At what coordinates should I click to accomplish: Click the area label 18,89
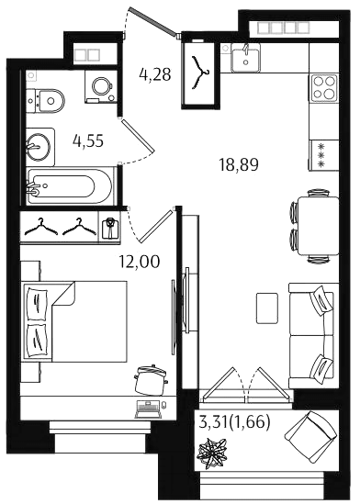(239, 165)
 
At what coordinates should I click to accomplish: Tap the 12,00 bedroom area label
(140, 262)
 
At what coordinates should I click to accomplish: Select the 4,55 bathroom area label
(88, 140)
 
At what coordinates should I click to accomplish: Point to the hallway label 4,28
(155, 74)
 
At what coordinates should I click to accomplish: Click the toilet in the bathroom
(46, 101)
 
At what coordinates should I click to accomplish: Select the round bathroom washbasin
(39, 147)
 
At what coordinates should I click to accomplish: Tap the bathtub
(69, 186)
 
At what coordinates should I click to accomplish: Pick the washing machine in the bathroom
(101, 86)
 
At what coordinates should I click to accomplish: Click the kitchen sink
(246, 58)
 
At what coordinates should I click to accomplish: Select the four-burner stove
(324, 87)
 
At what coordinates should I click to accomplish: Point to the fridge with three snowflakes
(323, 155)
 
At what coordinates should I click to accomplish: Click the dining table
(318, 226)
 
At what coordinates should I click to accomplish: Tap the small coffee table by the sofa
(267, 308)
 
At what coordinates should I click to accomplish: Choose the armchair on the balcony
(311, 437)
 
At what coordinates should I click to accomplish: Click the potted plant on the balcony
(213, 452)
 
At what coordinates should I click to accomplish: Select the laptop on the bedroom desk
(148, 409)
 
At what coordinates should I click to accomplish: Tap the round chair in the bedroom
(151, 380)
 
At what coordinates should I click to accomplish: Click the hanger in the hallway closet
(200, 73)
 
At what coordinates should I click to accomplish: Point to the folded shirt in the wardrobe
(110, 228)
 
